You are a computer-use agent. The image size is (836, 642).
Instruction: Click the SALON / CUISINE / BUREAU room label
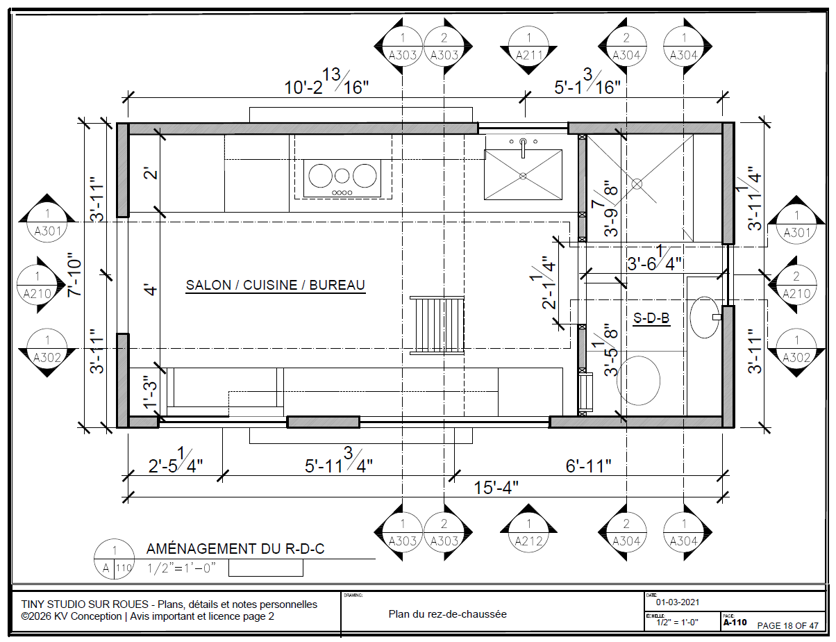tap(276, 285)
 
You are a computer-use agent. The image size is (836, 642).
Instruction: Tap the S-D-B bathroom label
tap(651, 318)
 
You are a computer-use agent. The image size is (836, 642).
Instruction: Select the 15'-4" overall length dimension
tap(496, 488)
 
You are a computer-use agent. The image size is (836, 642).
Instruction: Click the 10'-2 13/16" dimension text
tap(326, 81)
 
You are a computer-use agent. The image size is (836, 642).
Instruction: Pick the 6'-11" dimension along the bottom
tap(588, 466)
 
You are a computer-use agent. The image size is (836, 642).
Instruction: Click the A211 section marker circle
tap(528, 46)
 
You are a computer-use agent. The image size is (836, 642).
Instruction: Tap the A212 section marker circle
tap(528, 532)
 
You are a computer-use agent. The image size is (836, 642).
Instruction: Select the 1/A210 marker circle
tap(37, 285)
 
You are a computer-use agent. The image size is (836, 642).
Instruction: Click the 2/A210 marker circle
tap(796, 285)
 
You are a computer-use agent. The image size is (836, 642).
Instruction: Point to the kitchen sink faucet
tap(523, 148)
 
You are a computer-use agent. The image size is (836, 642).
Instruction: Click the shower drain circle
tap(637, 184)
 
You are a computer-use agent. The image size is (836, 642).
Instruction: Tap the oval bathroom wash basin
tap(705, 318)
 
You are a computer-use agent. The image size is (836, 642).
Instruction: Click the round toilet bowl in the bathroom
tap(639, 381)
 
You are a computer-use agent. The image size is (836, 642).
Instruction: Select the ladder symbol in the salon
tap(437, 326)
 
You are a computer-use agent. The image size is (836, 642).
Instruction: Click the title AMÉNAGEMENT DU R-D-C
tap(235, 549)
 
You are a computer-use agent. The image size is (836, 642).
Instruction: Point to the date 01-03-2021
tap(678, 602)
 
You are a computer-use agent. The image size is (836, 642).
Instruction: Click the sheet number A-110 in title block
tap(735, 623)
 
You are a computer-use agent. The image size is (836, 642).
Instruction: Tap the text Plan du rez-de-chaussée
tap(447, 614)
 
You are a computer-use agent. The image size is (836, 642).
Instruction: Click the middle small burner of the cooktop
tap(342, 176)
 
